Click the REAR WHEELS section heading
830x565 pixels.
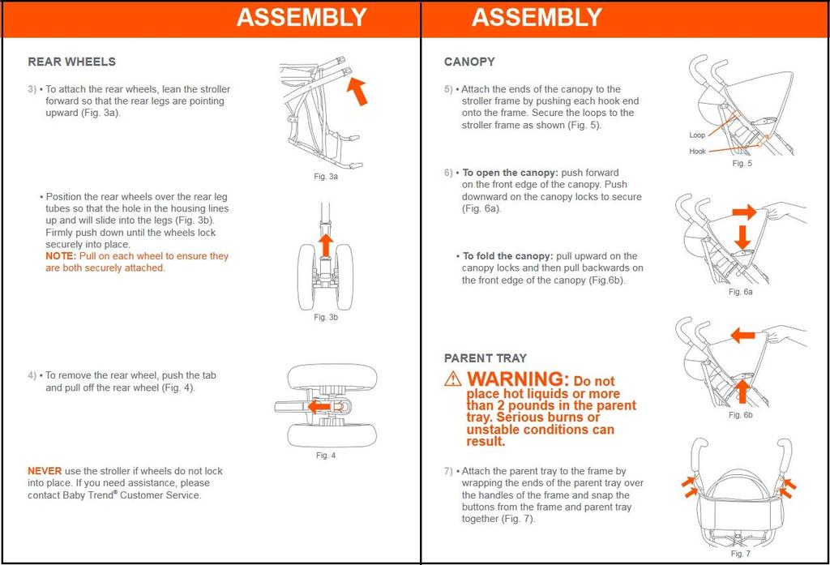coord(71,62)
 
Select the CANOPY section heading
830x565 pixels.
coord(469,62)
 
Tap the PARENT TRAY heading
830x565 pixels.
coord(486,357)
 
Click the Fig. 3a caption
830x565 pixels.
coord(326,176)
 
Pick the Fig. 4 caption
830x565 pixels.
coord(326,455)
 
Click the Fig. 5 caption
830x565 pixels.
coord(742,163)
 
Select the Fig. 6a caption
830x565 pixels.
coord(741,292)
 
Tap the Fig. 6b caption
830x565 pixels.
coord(741,415)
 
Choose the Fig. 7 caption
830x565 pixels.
coord(740,554)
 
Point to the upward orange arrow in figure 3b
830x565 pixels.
coord(325,244)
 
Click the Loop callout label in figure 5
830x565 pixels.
coord(697,135)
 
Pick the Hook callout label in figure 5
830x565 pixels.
coord(697,152)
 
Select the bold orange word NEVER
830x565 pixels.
coord(45,471)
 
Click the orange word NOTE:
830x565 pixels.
coord(61,256)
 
